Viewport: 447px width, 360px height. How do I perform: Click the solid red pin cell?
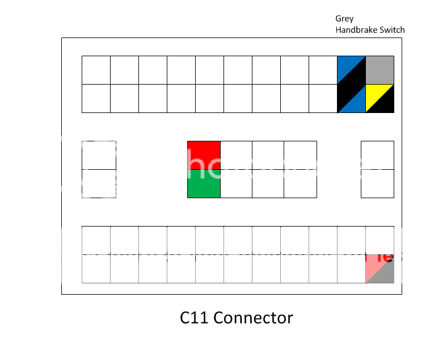(204, 155)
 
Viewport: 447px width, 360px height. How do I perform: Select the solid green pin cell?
(204, 183)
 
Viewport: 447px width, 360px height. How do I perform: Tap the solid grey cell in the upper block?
(379, 70)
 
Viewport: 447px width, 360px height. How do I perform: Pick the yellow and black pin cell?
(379, 98)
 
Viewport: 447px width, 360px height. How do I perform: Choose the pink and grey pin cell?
(379, 269)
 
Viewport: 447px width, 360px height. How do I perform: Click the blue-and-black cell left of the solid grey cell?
(351, 70)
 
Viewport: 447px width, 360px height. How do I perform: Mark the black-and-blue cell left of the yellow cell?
(351, 98)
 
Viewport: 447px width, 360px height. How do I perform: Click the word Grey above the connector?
(344, 19)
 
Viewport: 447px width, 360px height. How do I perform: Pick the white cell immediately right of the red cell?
(236, 155)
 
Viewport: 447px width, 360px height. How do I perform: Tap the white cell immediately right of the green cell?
(236, 183)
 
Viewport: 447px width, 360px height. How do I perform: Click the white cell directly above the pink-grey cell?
(379, 240)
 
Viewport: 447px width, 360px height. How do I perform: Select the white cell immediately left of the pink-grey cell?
(351, 269)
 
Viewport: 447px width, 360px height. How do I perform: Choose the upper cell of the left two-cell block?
(99, 155)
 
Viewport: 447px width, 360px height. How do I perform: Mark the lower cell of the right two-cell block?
(377, 183)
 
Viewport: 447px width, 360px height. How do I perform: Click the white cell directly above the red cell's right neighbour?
(238, 98)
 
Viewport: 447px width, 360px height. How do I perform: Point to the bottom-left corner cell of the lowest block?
(96, 269)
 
